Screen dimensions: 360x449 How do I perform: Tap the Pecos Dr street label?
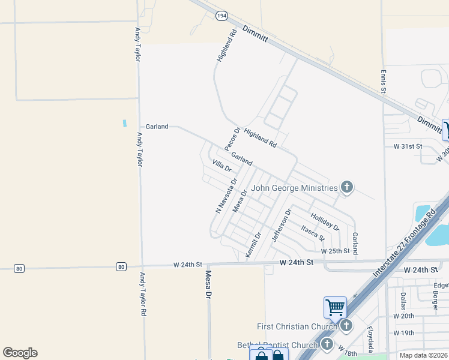(x=232, y=139)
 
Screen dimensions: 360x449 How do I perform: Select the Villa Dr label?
(x=221, y=166)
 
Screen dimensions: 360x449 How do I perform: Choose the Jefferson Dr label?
(x=281, y=225)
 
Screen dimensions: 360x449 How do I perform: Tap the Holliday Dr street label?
(x=325, y=222)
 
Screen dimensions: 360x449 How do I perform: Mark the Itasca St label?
(x=313, y=233)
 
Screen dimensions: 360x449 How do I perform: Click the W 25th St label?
(x=335, y=251)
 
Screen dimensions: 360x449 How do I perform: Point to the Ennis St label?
(x=382, y=82)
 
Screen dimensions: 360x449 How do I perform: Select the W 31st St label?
(x=408, y=146)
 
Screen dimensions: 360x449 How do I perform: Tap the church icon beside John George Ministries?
(x=346, y=188)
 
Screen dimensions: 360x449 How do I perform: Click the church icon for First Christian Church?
(x=346, y=326)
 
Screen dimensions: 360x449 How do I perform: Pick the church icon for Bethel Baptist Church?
(x=327, y=344)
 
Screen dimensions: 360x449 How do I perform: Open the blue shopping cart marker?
(x=335, y=308)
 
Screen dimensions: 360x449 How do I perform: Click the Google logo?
(x=20, y=353)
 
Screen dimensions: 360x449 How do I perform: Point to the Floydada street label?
(x=370, y=339)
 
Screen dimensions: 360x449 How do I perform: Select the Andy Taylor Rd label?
(x=143, y=295)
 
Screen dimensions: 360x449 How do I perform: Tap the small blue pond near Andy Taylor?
(x=125, y=123)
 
